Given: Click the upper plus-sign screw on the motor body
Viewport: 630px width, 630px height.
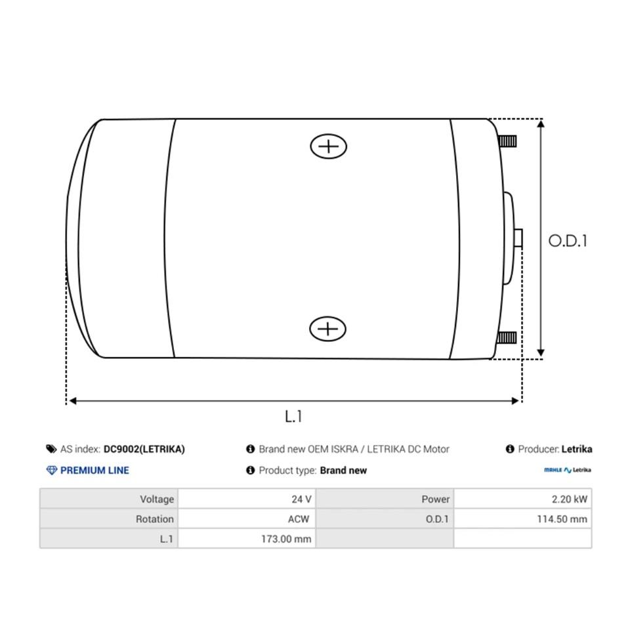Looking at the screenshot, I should [x=328, y=146].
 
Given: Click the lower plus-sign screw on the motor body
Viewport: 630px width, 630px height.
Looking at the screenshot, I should [x=328, y=328].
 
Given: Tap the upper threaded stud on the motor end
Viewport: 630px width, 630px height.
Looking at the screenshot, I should [x=507, y=140].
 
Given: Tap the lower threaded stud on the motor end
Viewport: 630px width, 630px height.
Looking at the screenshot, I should [x=507, y=338].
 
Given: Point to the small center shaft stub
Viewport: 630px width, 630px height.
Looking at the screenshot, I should [x=519, y=238].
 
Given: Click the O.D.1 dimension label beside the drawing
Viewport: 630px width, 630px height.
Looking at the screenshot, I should [x=568, y=241].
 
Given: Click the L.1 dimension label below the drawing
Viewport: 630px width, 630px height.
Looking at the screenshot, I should [x=293, y=416].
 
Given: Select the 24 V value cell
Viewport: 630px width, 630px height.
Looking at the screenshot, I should [x=302, y=499].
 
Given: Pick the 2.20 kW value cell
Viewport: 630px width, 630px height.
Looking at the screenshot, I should [x=570, y=499].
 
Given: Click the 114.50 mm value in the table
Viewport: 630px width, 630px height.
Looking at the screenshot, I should [x=562, y=519].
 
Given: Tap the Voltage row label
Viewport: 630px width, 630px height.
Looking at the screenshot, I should [x=157, y=499].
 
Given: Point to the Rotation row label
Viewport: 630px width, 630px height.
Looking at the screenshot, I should [x=155, y=519].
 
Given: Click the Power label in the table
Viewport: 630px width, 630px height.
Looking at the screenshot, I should [x=436, y=499].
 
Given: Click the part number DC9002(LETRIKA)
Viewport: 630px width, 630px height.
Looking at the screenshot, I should [x=144, y=450].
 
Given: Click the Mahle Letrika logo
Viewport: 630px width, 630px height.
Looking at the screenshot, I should [x=568, y=470].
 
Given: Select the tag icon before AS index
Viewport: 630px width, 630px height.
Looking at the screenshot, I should [x=51, y=450].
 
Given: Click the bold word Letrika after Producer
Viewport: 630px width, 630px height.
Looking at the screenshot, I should [x=577, y=450].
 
